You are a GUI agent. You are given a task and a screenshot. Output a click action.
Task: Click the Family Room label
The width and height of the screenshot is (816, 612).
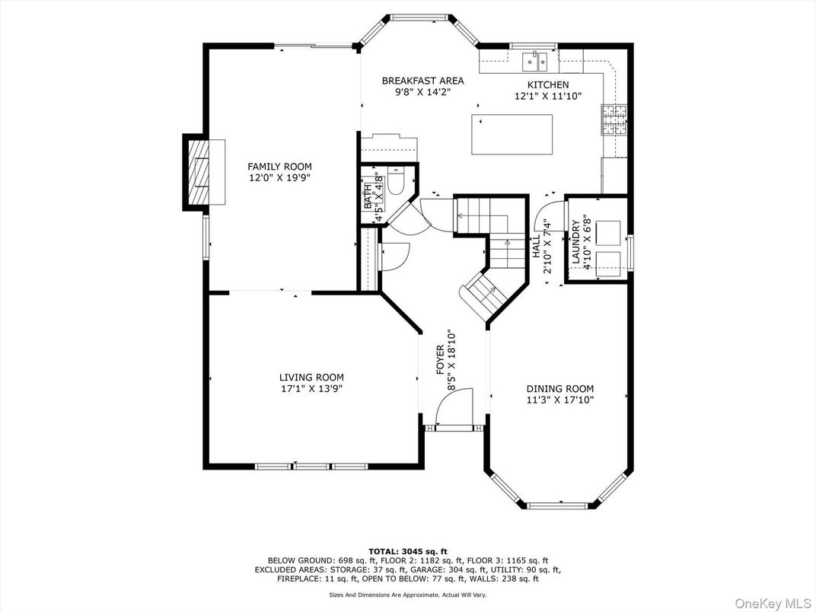[x=279, y=167]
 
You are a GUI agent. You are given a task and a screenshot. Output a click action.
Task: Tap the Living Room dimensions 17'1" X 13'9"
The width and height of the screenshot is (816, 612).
[x=311, y=388]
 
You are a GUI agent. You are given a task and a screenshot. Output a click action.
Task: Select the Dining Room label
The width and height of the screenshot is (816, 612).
[x=560, y=389]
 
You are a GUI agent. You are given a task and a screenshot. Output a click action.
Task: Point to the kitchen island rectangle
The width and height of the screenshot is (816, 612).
[x=512, y=134]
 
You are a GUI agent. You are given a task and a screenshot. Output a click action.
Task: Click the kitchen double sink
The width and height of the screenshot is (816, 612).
[x=534, y=62]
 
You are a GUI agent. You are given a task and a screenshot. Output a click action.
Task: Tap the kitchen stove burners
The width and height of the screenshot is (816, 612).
[x=614, y=120]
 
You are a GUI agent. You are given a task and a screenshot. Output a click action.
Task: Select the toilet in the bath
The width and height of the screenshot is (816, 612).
[x=396, y=182]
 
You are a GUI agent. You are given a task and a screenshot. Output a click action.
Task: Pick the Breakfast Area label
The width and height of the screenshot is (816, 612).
[x=422, y=81]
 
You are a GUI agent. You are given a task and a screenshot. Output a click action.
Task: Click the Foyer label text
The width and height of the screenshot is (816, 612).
[x=440, y=359]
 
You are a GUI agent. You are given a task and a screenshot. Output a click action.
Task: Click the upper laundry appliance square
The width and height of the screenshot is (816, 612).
[x=608, y=233]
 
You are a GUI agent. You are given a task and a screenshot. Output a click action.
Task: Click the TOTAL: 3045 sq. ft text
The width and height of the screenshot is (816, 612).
[x=408, y=551]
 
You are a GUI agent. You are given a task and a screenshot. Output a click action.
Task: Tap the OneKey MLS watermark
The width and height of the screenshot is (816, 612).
[x=773, y=602]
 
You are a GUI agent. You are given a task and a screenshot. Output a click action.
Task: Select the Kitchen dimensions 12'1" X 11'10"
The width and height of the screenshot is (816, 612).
[x=547, y=96]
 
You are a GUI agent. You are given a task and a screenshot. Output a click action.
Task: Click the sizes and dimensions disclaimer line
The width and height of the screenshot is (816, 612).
[x=408, y=594]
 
